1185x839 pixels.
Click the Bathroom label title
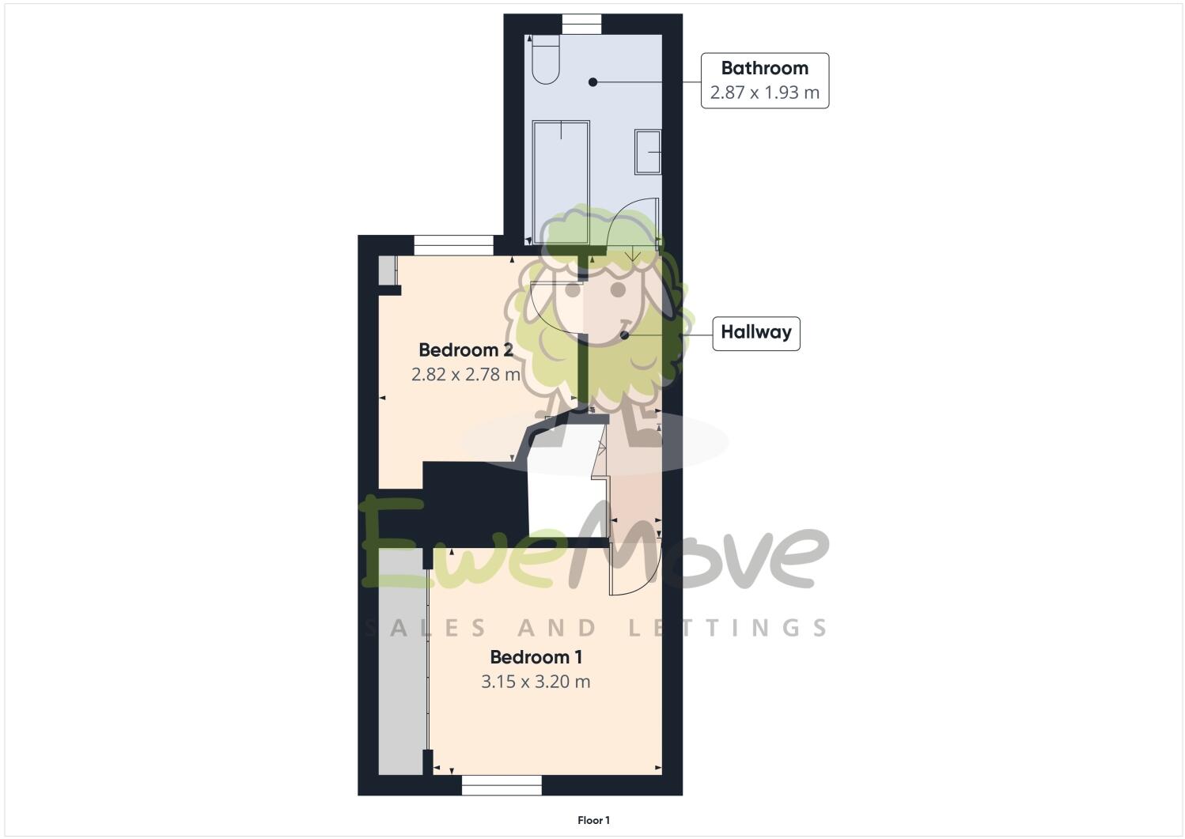click(764, 68)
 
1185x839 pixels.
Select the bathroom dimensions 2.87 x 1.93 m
click(764, 93)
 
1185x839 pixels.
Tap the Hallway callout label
click(755, 332)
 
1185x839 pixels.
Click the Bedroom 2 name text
click(465, 350)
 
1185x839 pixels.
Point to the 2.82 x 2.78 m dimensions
click(465, 374)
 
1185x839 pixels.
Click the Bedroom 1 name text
click(536, 657)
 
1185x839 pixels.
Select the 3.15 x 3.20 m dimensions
click(536, 682)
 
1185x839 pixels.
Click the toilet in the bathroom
click(546, 60)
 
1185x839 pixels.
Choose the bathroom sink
click(648, 152)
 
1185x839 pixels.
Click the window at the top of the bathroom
click(581, 25)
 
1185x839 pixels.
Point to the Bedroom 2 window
click(453, 245)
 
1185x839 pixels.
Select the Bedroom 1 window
click(502, 784)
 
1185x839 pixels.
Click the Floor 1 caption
click(593, 821)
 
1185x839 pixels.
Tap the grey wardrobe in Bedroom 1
click(402, 660)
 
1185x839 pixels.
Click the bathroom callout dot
click(592, 81)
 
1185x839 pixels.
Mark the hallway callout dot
click(624, 335)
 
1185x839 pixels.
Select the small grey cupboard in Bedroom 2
click(386, 270)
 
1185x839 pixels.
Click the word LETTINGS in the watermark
click(728, 628)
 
